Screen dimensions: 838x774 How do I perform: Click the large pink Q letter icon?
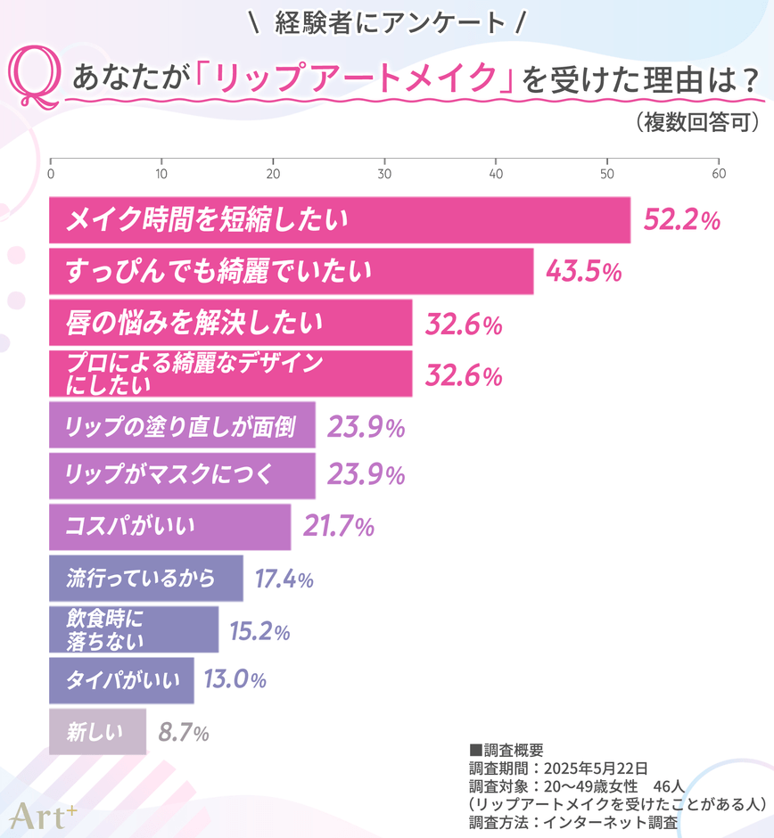click(36, 80)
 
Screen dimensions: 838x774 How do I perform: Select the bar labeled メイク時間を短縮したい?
click(339, 220)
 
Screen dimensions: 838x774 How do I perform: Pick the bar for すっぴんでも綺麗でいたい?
click(291, 272)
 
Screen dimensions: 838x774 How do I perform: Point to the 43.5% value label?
click(584, 273)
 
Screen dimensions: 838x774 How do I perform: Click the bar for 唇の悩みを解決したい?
click(230, 323)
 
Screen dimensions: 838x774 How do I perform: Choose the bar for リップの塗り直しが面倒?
click(182, 426)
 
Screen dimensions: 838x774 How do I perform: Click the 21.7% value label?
click(338, 528)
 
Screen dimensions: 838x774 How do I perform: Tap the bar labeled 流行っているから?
click(145, 579)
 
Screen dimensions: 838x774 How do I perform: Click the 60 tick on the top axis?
click(718, 173)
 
